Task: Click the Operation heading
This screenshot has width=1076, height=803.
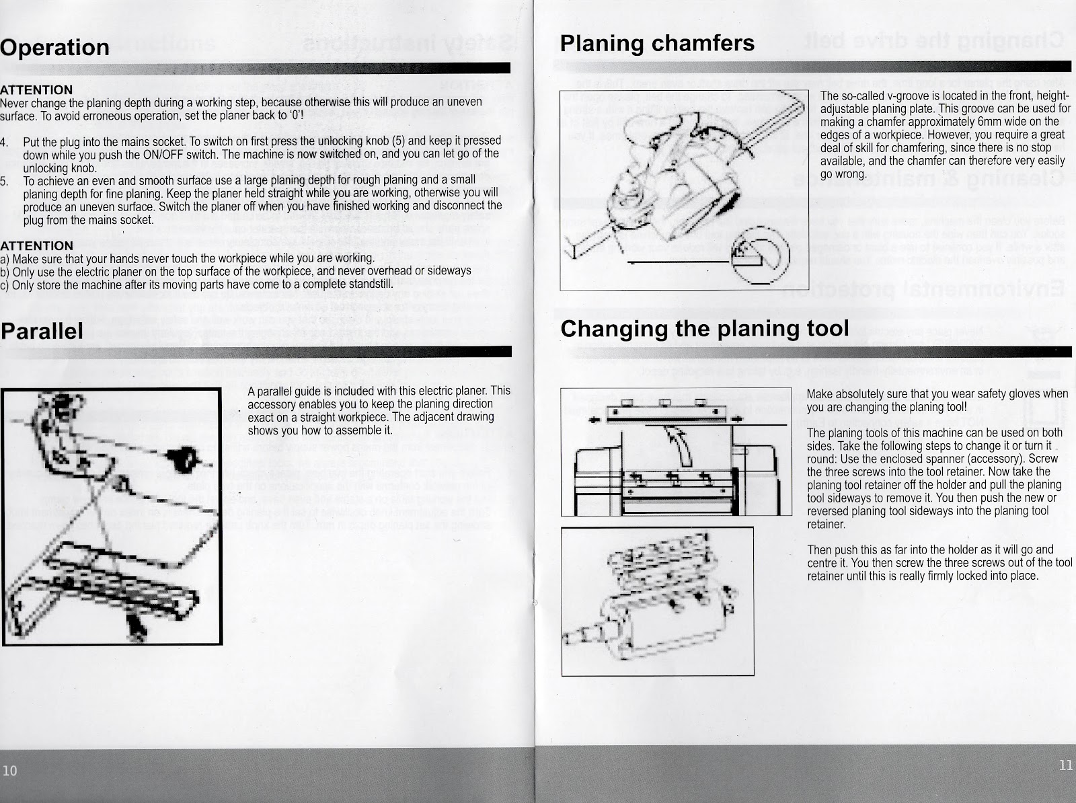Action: coord(54,47)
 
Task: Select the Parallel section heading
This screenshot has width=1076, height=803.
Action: coord(42,330)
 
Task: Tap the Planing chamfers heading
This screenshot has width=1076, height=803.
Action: coord(657,43)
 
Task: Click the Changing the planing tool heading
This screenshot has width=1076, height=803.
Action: coord(704,329)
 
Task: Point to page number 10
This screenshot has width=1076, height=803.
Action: coord(10,770)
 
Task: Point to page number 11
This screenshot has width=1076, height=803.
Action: coord(1065,765)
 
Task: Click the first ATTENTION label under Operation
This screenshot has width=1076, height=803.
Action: coord(36,90)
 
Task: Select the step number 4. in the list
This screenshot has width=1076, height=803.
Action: coord(4,142)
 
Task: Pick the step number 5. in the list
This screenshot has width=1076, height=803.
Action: coord(4,181)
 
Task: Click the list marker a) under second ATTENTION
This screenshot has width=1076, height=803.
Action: coord(4,258)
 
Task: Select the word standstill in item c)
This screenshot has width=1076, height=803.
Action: coord(367,283)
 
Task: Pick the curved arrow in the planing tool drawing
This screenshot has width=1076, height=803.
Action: coord(681,447)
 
